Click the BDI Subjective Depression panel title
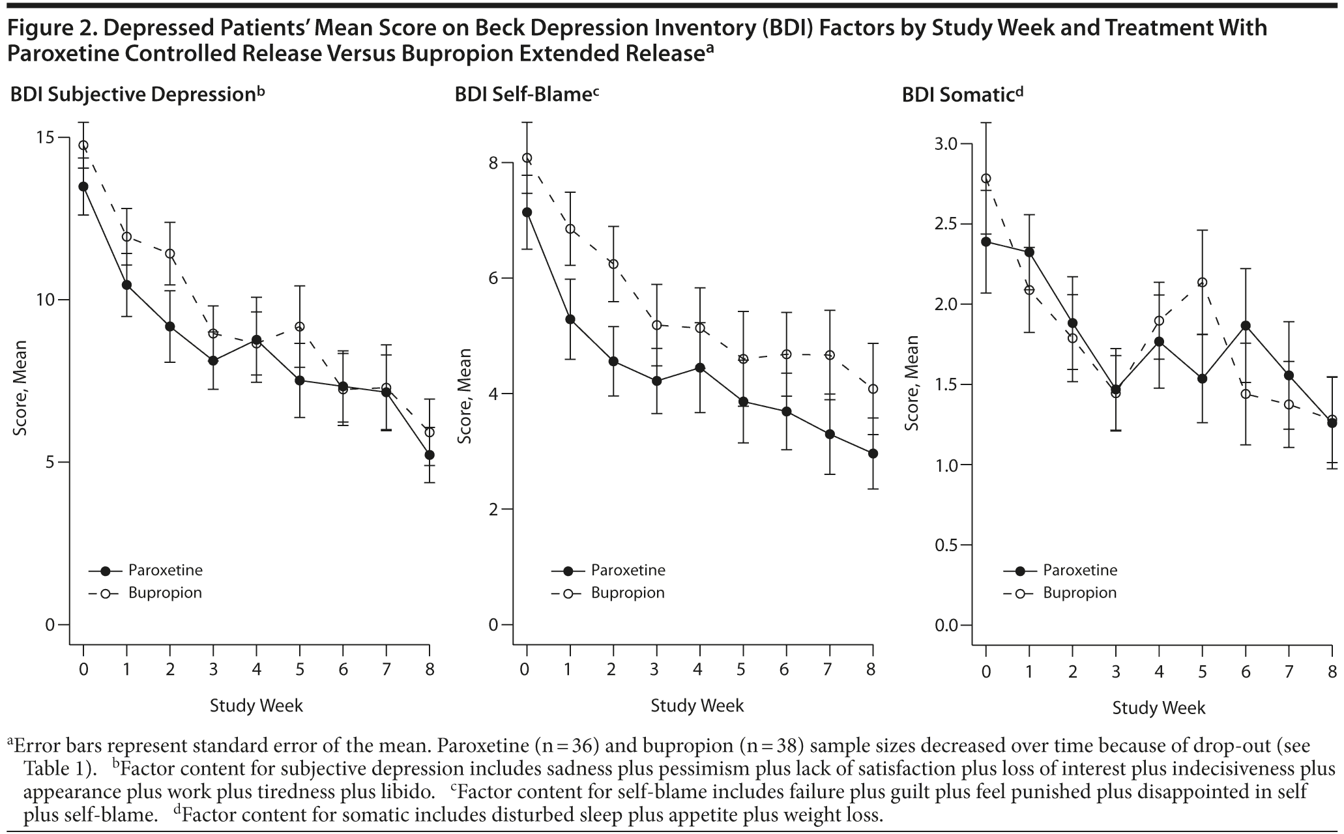tap(138, 95)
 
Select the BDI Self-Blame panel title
tap(526, 95)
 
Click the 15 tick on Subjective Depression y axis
tap(45, 138)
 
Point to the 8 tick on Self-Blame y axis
tap(493, 162)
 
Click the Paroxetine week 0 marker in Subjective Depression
tap(83, 186)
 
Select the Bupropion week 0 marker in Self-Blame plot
tap(527, 158)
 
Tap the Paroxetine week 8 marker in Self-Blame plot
tap(873, 453)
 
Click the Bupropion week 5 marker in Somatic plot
tap(1203, 282)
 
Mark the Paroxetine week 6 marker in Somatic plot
tap(1246, 325)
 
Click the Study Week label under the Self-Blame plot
tap(697, 705)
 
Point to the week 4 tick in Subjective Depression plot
tap(256, 669)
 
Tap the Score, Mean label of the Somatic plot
tap(912, 383)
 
